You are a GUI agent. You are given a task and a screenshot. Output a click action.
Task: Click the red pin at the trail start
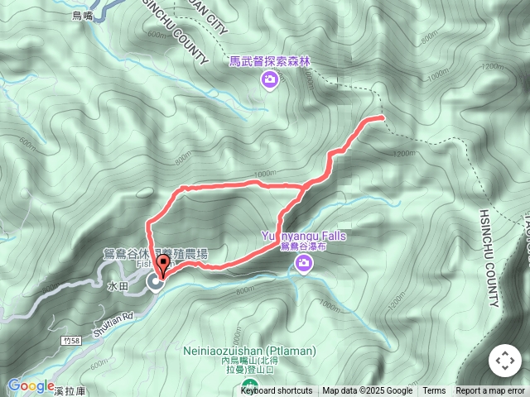click(162, 265)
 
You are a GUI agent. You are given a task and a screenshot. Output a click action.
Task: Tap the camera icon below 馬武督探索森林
click(269, 79)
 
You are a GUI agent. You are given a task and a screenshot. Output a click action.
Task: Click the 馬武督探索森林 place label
click(270, 60)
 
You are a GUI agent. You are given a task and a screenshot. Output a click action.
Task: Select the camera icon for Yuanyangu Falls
click(304, 264)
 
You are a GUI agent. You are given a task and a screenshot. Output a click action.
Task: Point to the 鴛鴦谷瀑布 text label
click(304, 247)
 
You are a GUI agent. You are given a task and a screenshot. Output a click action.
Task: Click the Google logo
click(31, 385)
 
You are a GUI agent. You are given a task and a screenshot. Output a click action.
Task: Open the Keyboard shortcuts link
click(277, 391)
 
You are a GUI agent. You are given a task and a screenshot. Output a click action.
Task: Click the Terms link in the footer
click(434, 391)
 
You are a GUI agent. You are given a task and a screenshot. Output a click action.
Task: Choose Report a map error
click(490, 391)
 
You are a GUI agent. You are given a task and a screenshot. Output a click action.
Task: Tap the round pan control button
click(503, 361)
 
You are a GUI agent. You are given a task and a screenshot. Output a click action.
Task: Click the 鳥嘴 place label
click(83, 15)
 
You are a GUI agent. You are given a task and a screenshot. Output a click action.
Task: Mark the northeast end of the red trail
click(383, 118)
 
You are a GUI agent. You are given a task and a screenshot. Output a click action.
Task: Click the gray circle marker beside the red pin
click(155, 284)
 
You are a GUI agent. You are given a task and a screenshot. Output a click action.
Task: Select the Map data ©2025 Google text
click(367, 391)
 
